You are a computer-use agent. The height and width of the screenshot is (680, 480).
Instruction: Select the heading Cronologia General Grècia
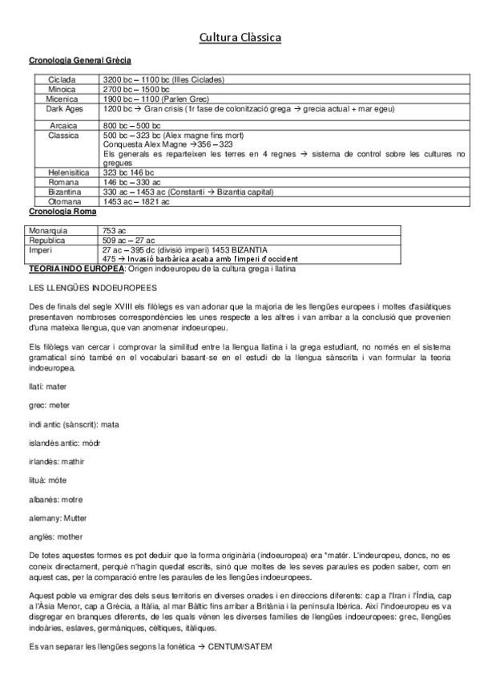point(80,60)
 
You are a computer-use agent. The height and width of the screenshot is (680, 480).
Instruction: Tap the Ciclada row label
point(62,79)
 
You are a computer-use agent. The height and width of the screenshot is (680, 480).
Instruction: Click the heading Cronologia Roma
point(63,211)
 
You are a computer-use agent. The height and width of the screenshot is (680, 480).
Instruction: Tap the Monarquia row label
point(48,230)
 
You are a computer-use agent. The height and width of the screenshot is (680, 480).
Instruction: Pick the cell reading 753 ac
point(116,230)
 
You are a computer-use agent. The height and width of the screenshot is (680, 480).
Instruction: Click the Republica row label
point(47,240)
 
